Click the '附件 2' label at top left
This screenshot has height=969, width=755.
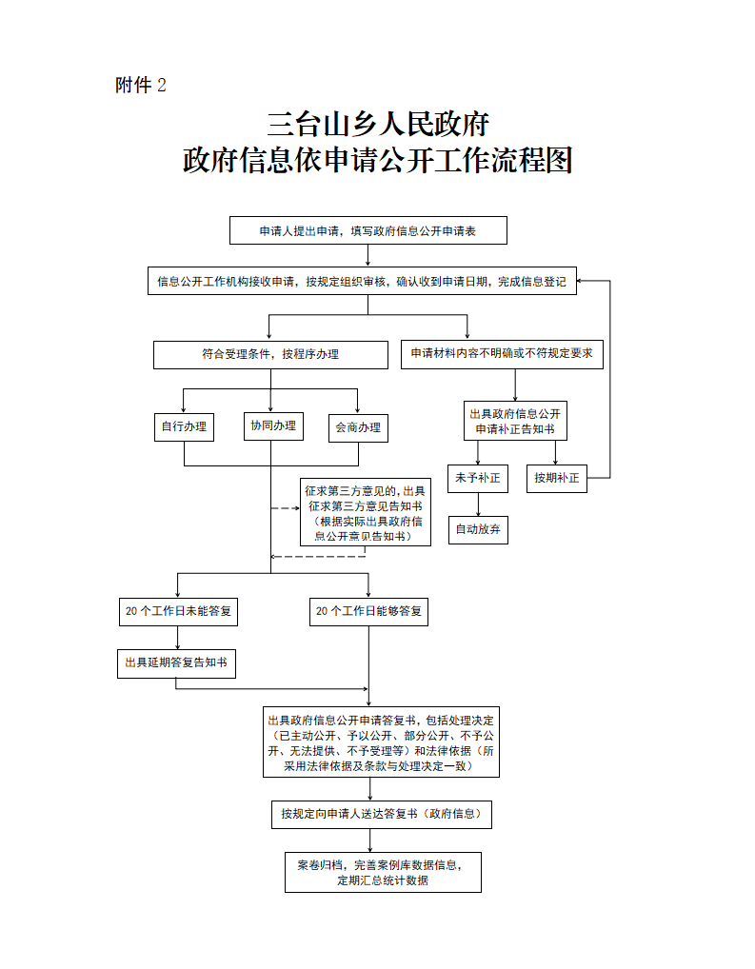140,86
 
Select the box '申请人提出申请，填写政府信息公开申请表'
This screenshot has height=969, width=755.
368,230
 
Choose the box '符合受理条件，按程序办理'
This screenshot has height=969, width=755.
270,354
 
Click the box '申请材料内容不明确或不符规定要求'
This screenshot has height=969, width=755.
502,354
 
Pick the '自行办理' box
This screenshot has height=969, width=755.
184,426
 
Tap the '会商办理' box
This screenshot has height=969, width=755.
358,427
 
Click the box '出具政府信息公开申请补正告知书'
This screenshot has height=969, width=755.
515,422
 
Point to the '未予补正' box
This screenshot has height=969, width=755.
477,478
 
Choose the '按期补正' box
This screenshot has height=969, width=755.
557,478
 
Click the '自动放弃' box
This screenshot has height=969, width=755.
477,529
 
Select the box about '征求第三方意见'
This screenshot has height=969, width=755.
366,512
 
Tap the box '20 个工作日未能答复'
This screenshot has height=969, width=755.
178,611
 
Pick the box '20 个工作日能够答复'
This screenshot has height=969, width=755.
368,611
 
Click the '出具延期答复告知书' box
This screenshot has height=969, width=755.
176,663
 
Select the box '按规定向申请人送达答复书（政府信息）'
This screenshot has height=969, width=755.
381,814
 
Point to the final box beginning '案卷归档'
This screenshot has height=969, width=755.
383,872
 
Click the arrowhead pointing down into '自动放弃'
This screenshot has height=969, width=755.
477,511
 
